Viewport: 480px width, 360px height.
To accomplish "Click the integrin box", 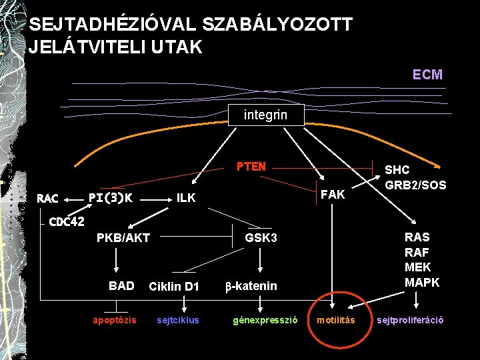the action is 266,115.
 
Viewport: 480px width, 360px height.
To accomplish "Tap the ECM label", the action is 427,75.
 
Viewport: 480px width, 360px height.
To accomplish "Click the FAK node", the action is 333,194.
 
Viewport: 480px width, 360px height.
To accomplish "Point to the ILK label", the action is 186,197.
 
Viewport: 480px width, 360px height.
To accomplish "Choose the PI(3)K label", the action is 110,197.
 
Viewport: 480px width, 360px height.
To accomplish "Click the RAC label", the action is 47,198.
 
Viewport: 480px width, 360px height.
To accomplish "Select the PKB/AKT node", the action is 123,238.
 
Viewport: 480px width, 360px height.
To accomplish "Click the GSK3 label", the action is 261,238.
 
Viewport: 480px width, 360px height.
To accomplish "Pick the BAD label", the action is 121,286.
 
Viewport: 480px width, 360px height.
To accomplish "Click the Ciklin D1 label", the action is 174,287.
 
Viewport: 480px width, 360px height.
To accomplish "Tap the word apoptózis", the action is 115,320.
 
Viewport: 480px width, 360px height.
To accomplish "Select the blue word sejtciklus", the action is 177,320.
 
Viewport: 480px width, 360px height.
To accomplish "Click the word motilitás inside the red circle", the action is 335,320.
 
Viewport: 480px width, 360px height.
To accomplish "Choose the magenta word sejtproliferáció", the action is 410,320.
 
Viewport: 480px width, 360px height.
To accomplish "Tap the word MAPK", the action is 422,283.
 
